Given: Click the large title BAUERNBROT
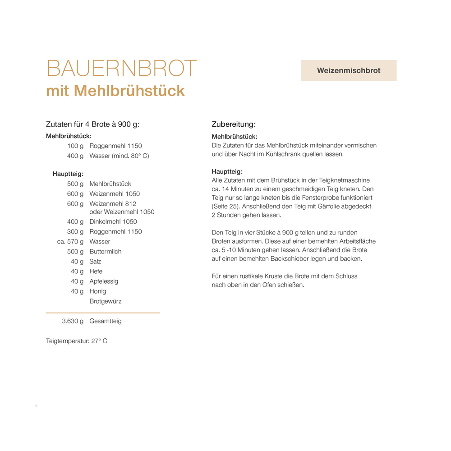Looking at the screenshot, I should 122,69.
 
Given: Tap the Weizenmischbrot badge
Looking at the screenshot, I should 349,70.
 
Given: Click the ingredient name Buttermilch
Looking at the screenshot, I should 106,252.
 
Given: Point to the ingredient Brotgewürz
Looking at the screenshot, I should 106,301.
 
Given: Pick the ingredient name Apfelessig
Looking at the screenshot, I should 104,281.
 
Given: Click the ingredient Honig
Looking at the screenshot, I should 98,291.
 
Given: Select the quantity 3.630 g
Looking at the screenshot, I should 73,322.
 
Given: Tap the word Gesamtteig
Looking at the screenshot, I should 106,322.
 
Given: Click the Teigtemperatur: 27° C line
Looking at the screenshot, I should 77,341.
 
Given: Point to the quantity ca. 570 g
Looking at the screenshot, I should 70,242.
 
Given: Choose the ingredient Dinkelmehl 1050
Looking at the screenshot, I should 113,222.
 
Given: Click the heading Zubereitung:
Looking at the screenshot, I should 234,124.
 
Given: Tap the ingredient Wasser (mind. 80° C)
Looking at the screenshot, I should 119,156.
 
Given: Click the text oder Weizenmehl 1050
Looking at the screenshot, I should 122,212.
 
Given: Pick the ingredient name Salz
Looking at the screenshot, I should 95,262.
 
